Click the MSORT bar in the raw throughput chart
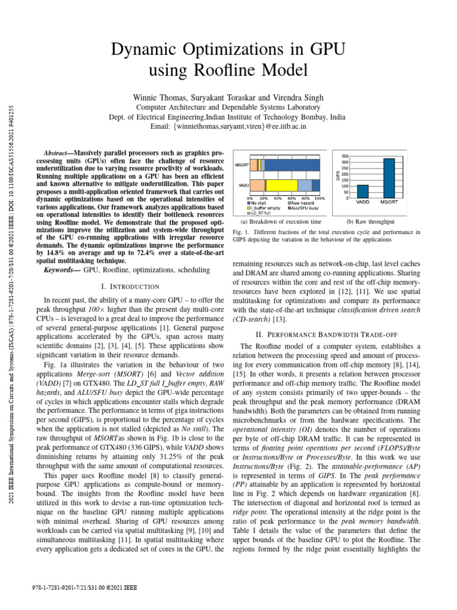(389, 178)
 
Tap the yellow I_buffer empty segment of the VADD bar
(280, 185)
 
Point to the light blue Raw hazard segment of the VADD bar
(304, 185)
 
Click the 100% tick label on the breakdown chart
(320, 198)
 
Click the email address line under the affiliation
(228, 127)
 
